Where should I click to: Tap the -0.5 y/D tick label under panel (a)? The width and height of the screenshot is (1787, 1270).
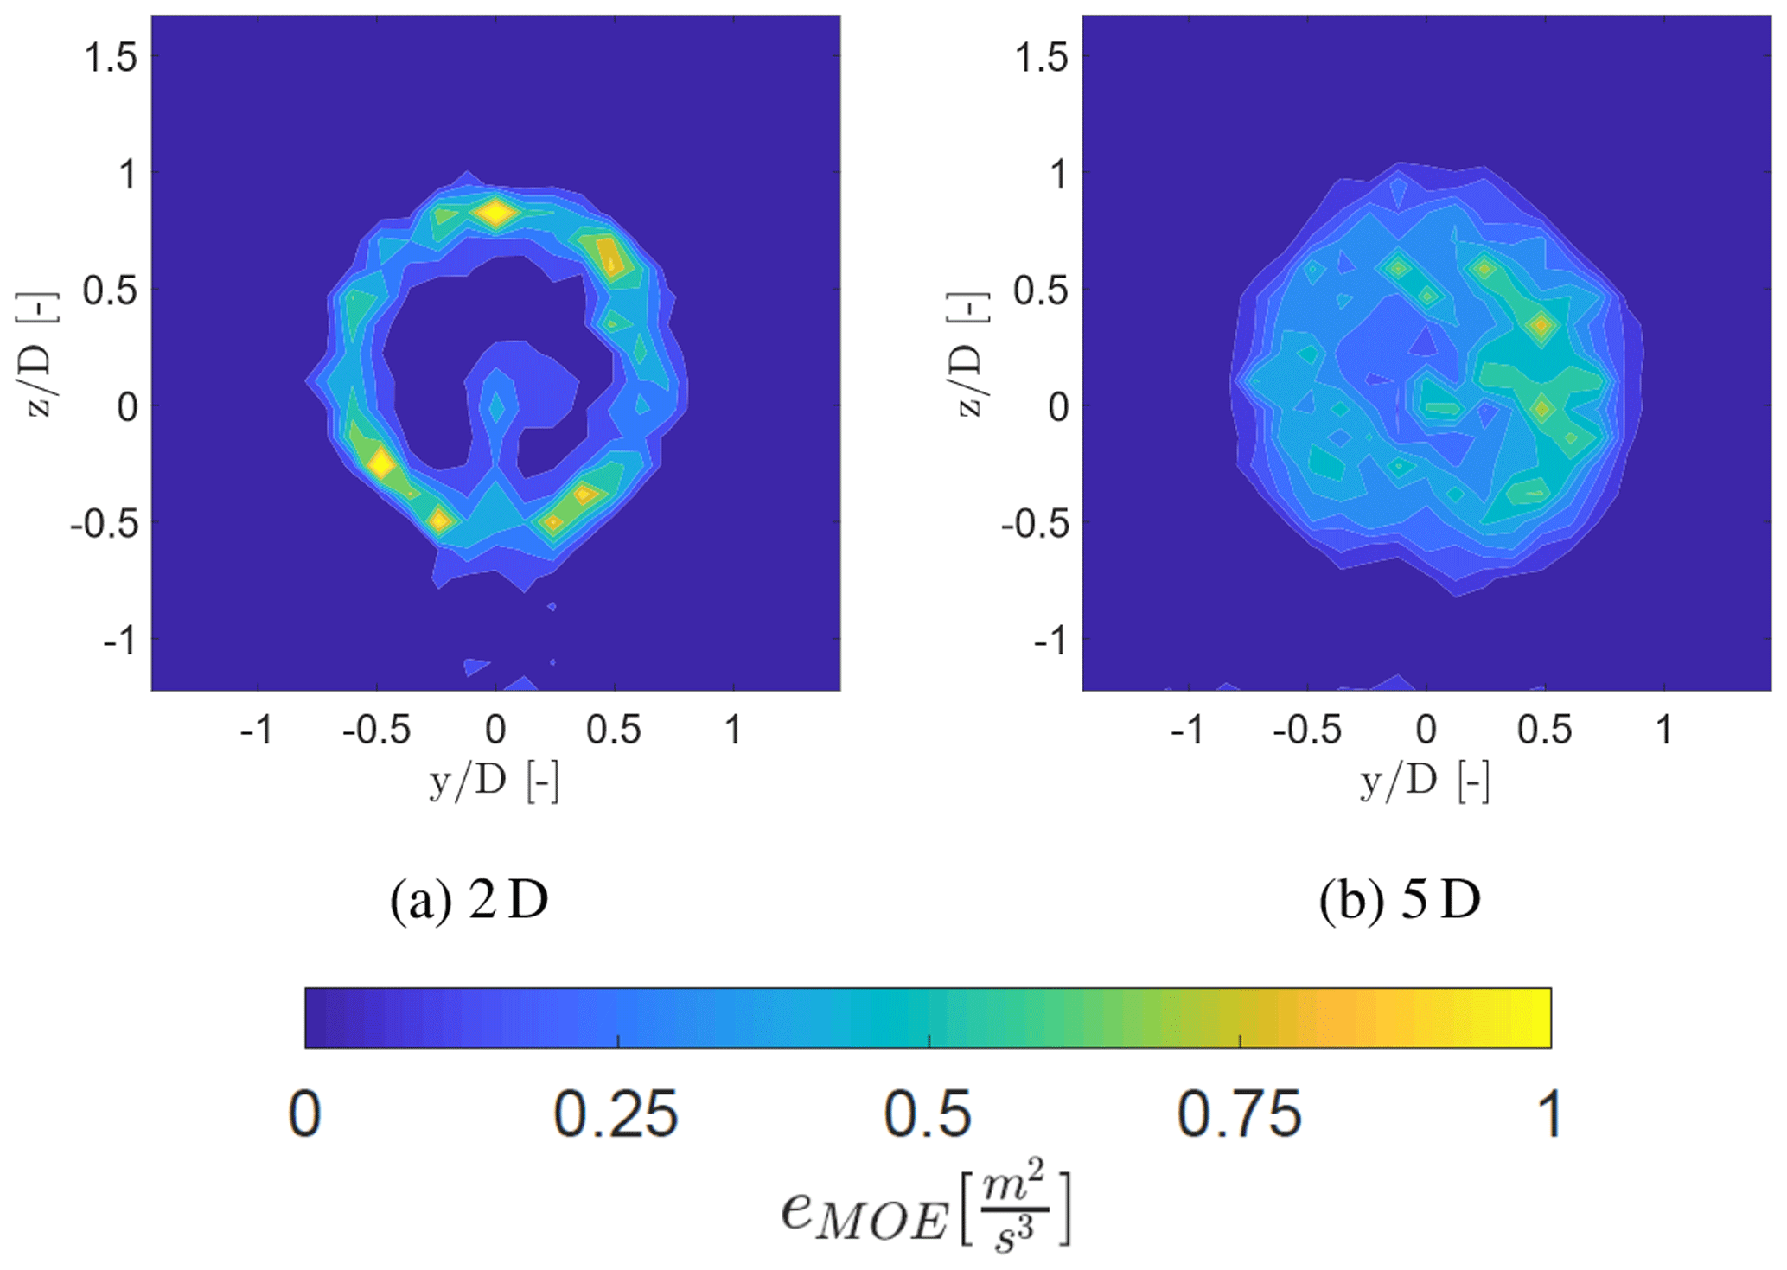376,731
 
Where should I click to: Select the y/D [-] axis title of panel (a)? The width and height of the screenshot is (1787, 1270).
495,782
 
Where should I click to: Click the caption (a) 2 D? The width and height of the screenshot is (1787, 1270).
469,900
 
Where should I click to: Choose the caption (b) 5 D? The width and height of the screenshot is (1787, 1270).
1400,900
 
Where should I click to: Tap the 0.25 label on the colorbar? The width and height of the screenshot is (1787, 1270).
616,1114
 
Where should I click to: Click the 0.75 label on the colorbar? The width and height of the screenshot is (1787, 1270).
1239,1114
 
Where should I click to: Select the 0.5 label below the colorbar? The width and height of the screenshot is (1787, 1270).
928,1114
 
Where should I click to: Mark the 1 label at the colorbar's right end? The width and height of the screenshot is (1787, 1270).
1550,1114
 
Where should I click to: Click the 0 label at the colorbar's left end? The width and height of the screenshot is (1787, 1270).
305,1114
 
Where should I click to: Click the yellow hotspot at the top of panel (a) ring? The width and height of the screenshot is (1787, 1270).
495,213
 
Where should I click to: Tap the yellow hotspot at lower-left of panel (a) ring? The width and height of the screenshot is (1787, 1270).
380,464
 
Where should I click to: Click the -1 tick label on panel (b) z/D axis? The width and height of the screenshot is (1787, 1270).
1052,641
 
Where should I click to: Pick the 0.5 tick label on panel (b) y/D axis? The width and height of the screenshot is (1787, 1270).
1545,731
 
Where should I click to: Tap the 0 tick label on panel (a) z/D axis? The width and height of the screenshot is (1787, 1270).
128,406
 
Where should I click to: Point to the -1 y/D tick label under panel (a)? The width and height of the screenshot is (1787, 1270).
257,731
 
